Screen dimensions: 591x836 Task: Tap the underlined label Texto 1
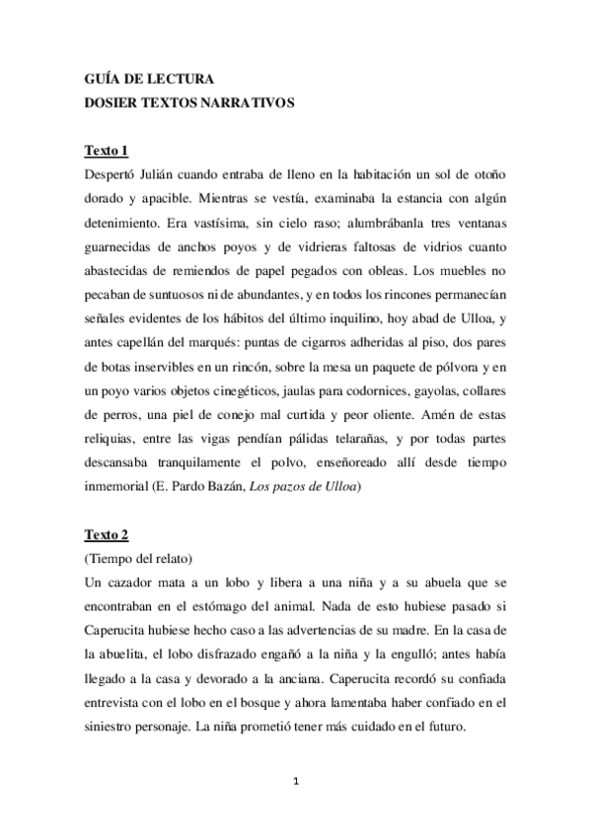pyautogui.click(x=107, y=150)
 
